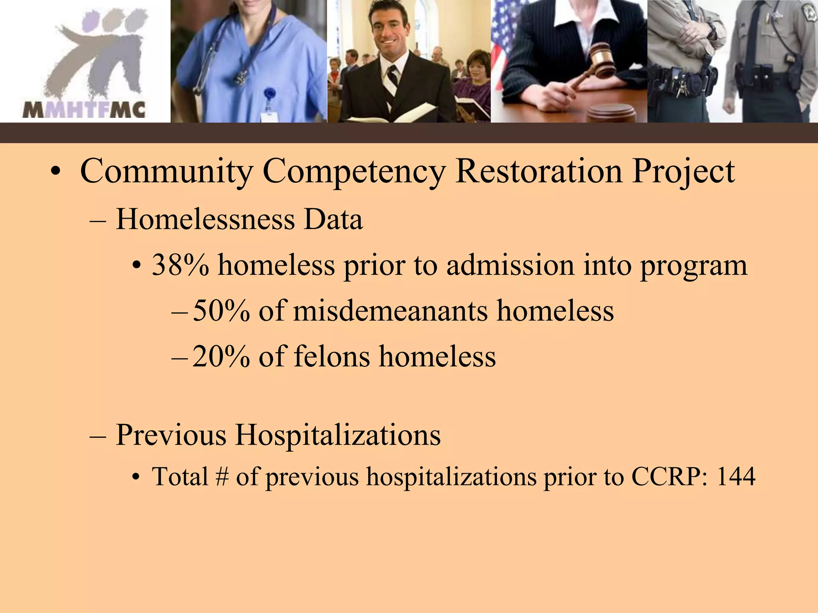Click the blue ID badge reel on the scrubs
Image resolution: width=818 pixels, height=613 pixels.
[270, 95]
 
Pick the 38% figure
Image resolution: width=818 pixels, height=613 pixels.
[180, 265]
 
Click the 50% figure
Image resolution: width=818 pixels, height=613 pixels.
[221, 311]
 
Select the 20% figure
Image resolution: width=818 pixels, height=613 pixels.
[221, 356]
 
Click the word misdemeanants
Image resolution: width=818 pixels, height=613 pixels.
[390, 311]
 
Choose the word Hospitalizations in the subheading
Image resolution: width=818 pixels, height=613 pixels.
[338, 435]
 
